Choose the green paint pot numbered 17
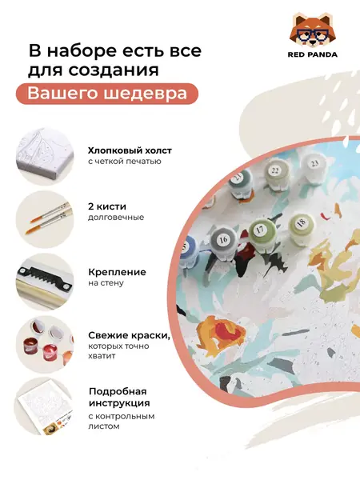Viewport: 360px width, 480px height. [260, 231]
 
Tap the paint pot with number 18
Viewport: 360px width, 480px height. [301, 224]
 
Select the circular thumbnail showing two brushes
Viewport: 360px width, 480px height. [43, 218]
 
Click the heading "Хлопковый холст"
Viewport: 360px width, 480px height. [129, 150]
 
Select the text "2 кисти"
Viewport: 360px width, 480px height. [105, 206]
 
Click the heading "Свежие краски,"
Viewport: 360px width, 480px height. [128, 334]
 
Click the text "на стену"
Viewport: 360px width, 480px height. [106, 282]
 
